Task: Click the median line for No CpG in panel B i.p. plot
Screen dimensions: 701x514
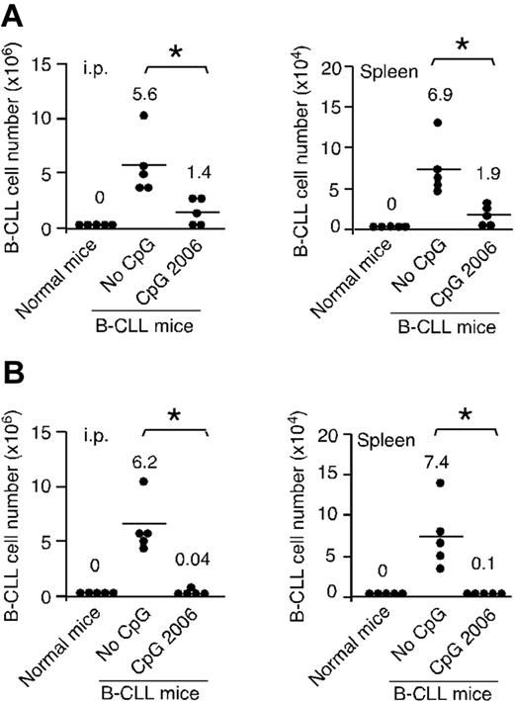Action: click(x=143, y=523)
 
